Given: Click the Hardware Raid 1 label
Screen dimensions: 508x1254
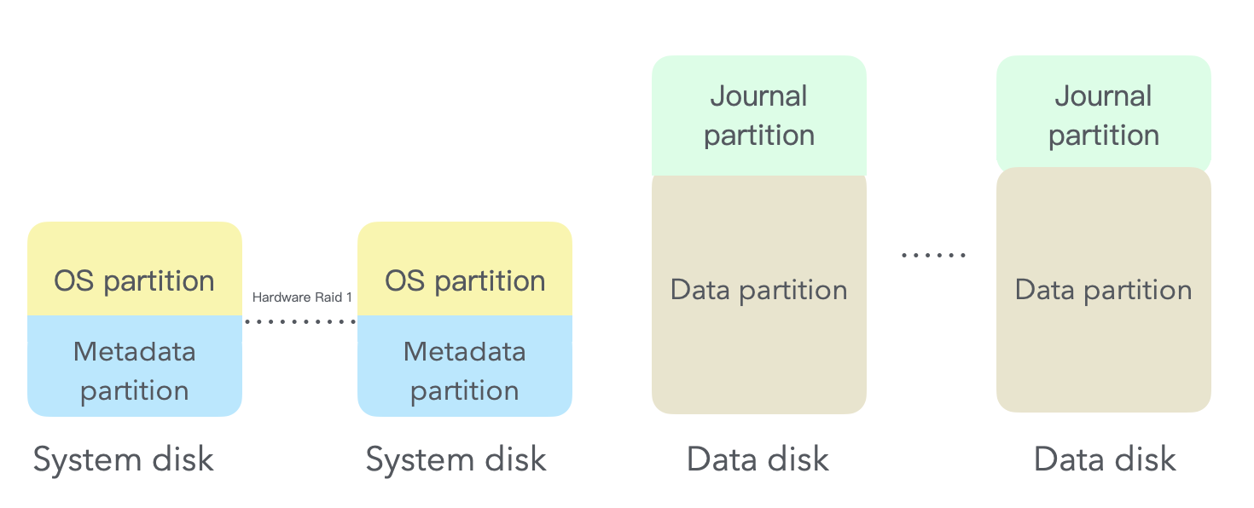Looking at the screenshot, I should [302, 297].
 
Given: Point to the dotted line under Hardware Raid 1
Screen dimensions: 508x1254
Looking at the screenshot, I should [299, 321].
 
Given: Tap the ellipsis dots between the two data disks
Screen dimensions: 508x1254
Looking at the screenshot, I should [934, 255].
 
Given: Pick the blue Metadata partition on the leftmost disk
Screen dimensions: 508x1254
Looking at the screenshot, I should [135, 367].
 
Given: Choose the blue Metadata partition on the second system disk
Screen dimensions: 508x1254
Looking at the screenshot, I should [465, 367].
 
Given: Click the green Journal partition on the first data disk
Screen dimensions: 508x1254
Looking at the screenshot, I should [759, 115].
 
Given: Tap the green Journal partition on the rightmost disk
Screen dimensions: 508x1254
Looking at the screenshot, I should [1104, 115].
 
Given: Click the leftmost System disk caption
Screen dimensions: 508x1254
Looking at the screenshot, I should [124, 460].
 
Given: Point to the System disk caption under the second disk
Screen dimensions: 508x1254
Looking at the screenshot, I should [456, 460].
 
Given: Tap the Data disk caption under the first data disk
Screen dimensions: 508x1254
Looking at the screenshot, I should [758, 460].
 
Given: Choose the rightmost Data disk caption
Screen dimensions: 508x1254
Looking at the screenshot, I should [1105, 460].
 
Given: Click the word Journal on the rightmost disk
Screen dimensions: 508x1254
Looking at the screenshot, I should [1104, 96].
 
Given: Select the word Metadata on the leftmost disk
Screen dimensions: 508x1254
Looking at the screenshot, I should [135, 351].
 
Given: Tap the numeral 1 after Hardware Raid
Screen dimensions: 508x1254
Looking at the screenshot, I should [349, 297].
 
